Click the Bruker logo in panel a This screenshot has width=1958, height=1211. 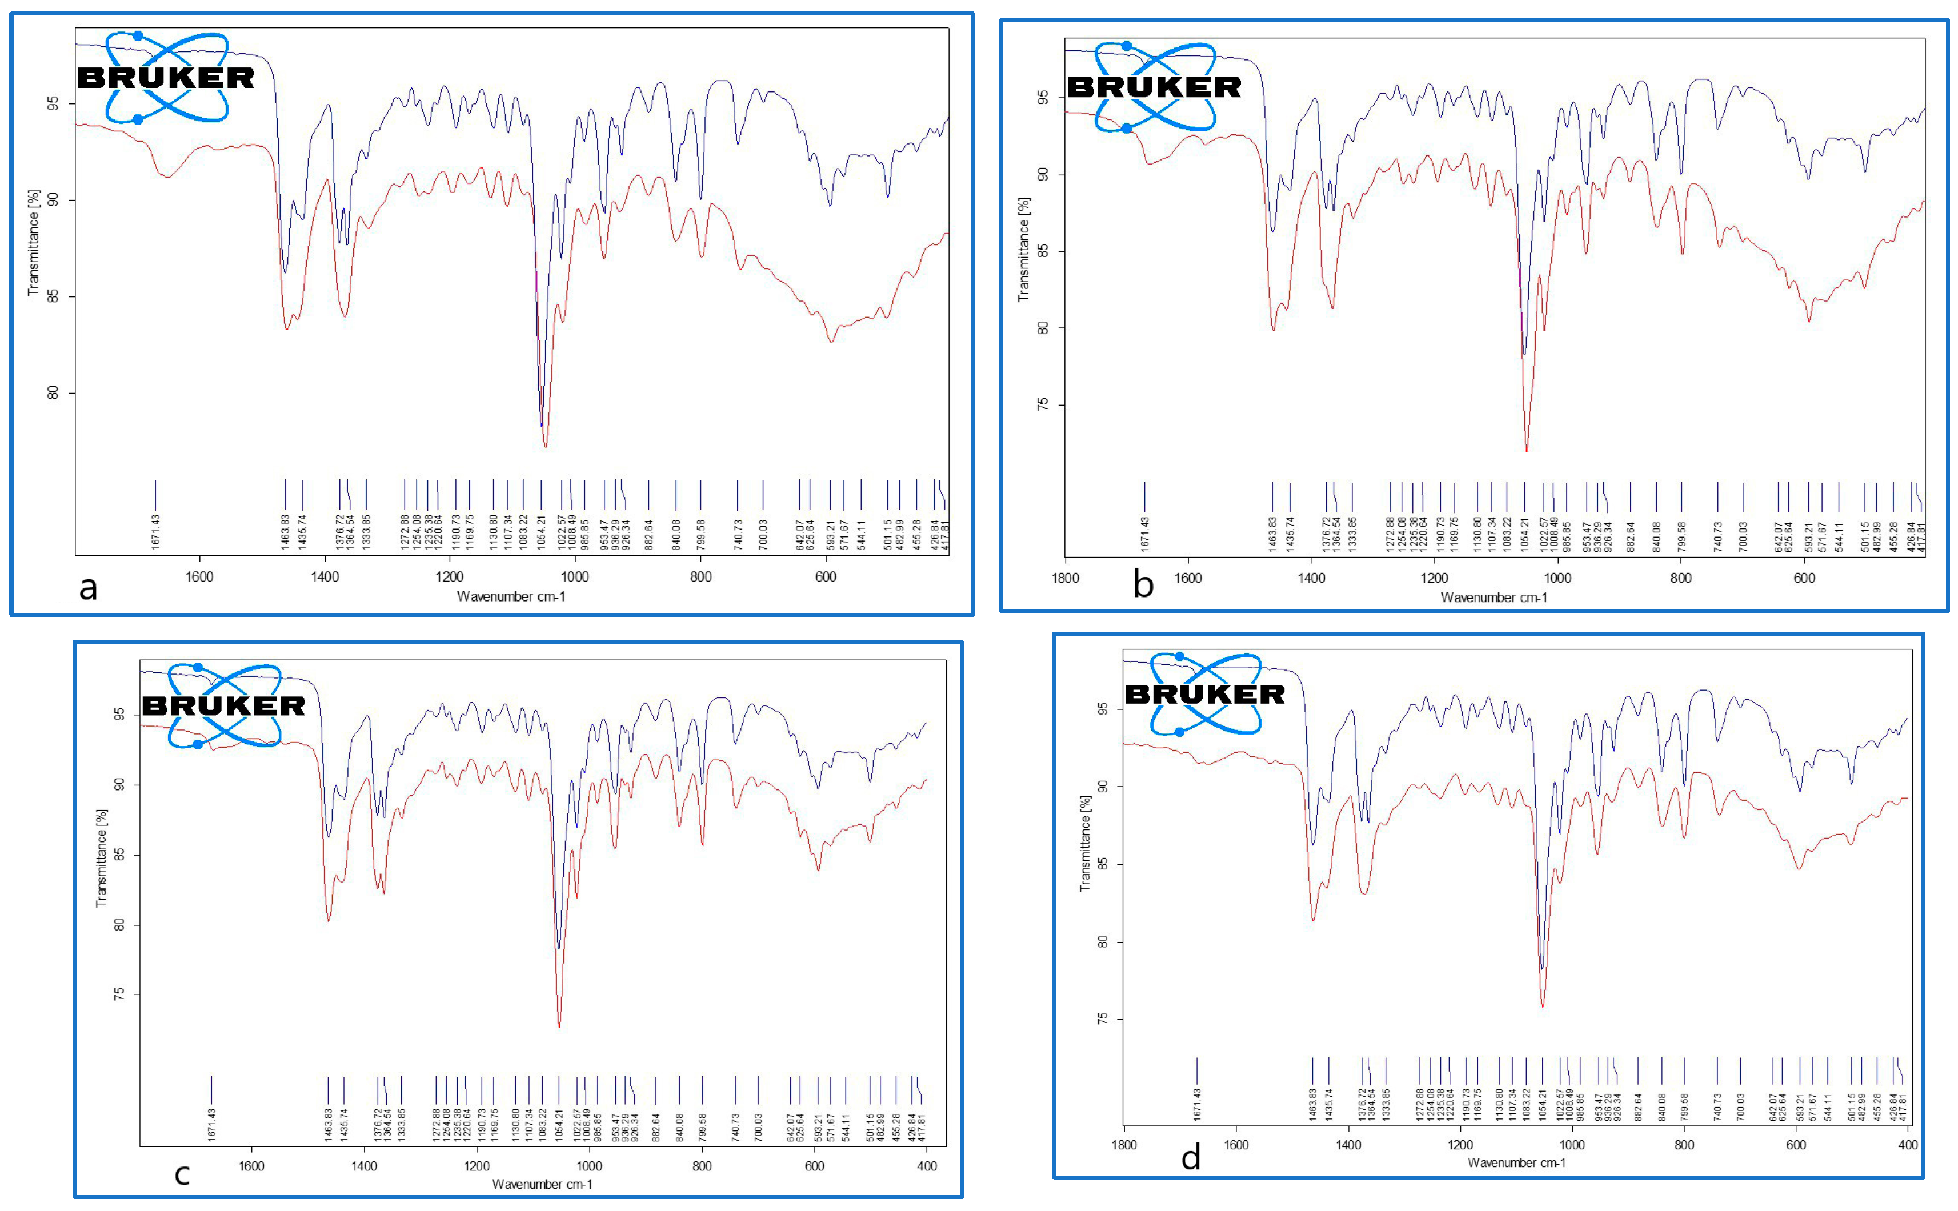pyautogui.click(x=166, y=78)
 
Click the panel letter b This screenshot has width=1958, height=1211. pyautogui.click(x=1143, y=585)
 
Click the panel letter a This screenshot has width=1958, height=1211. pyautogui.click(x=88, y=587)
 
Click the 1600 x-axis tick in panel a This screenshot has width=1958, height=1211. pyautogui.click(x=199, y=577)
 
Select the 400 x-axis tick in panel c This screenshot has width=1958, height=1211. pyautogui.click(x=926, y=1166)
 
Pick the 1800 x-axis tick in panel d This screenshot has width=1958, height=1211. pyautogui.click(x=1124, y=1145)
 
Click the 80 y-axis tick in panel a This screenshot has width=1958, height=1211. pyautogui.click(x=53, y=392)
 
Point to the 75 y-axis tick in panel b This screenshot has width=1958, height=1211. pyautogui.click(x=1042, y=404)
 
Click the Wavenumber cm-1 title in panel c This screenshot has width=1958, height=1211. pyautogui.click(x=542, y=1184)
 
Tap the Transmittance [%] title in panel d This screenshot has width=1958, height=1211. pyautogui.click(x=1085, y=843)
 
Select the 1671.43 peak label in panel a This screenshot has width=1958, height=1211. pyautogui.click(x=155, y=532)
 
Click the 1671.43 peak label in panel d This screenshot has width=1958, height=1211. pyautogui.click(x=1197, y=1104)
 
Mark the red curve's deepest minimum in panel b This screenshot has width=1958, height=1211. pyautogui.click(x=1526, y=451)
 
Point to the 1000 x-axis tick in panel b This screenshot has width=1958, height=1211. pyautogui.click(x=1557, y=578)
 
